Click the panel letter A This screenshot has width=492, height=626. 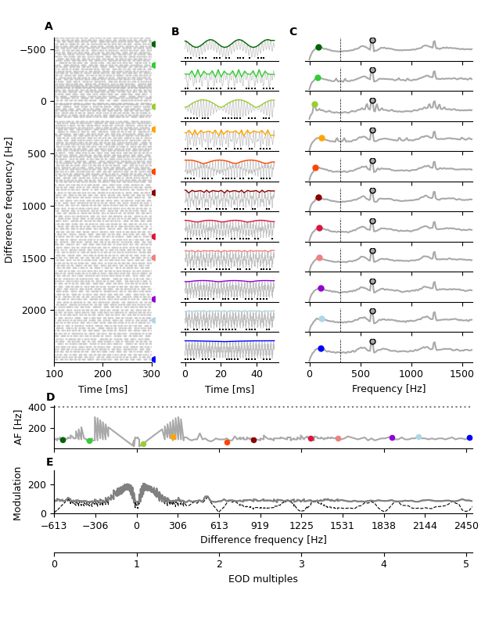pos(48,27)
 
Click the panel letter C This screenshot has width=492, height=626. pos(293,32)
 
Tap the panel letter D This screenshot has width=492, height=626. pos(50,398)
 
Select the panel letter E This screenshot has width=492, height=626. pos(50,462)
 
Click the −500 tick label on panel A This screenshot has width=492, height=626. pos(32,49)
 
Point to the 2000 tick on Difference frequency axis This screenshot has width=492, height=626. pos(35,311)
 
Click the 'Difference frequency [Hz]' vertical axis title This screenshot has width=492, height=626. pos(9,200)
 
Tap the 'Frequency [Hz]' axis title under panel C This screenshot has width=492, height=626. pos(389,389)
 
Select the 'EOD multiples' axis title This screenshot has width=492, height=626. pos(263,579)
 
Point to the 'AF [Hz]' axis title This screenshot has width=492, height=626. pos(19,427)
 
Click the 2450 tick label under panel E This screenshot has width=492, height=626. pos(466,526)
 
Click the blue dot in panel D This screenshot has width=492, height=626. pos(469,438)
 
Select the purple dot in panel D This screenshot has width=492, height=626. pos(392,438)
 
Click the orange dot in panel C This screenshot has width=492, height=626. pos(321,138)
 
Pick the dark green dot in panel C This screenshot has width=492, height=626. pos(318,47)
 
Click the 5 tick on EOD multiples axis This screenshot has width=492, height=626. pos(466,564)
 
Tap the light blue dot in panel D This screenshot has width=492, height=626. pos(418,437)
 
